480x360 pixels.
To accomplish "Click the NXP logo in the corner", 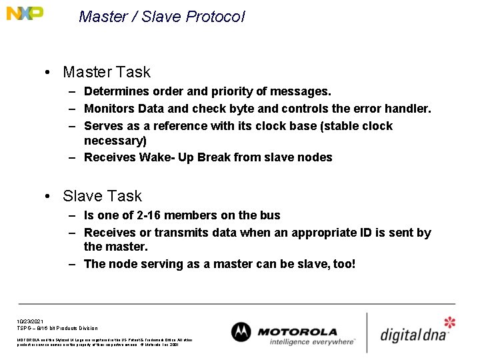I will (25, 13).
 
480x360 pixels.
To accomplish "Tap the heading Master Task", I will (106, 72).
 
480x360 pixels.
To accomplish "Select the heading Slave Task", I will (102, 196).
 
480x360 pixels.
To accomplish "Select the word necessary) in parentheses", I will (115, 141).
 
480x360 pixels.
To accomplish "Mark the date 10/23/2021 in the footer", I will (31, 321).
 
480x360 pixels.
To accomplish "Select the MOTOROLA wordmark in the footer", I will (297, 331).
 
